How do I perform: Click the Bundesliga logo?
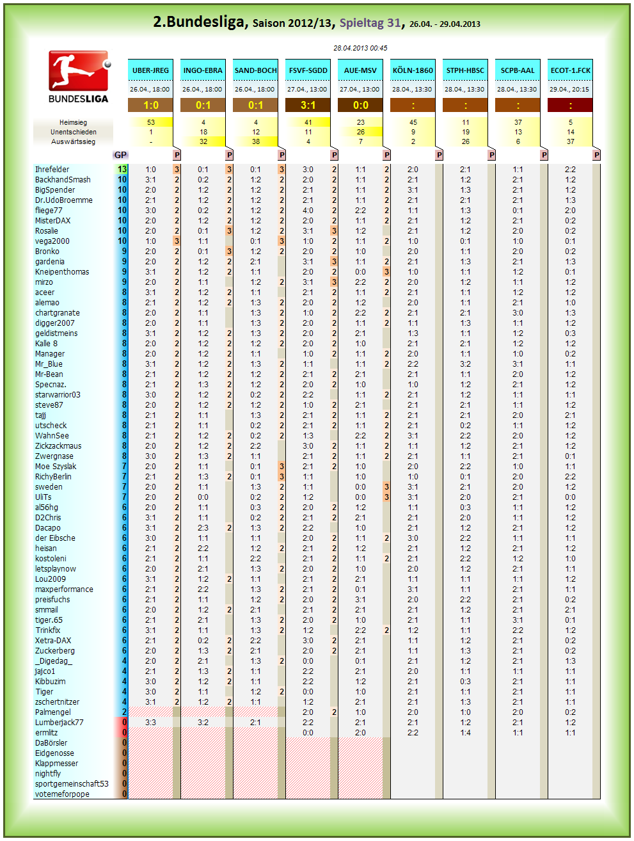pyautogui.click(x=79, y=77)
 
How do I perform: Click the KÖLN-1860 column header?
pyautogui.click(x=413, y=70)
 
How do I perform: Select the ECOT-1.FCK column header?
pyautogui.click(x=570, y=70)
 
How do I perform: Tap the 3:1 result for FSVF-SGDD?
pyautogui.click(x=308, y=105)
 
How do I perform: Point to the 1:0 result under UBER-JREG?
pyautogui.click(x=150, y=105)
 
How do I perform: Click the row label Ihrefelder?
pyautogui.click(x=52, y=170)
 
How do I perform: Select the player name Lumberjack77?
pyautogui.click(x=59, y=722)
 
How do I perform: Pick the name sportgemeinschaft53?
pyautogui.click(x=72, y=783)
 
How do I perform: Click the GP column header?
pyautogui.click(x=120, y=155)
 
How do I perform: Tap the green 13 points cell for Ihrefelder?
pyautogui.click(x=122, y=170)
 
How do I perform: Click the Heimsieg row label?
pyautogui.click(x=73, y=122)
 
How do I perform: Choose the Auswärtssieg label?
pyautogui.click(x=73, y=141)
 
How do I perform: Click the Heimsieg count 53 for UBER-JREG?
pyautogui.click(x=151, y=122)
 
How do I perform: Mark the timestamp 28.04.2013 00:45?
pyautogui.click(x=360, y=48)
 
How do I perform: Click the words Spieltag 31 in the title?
pyautogui.click(x=370, y=23)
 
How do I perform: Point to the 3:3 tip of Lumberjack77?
pyautogui.click(x=150, y=722)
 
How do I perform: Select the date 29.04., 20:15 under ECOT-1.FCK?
pyautogui.click(x=569, y=89)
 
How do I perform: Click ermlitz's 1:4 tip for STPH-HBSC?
pyautogui.click(x=465, y=733)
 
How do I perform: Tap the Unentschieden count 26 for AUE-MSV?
pyautogui.click(x=361, y=132)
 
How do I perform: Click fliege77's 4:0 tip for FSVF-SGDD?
pyautogui.click(x=308, y=211)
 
